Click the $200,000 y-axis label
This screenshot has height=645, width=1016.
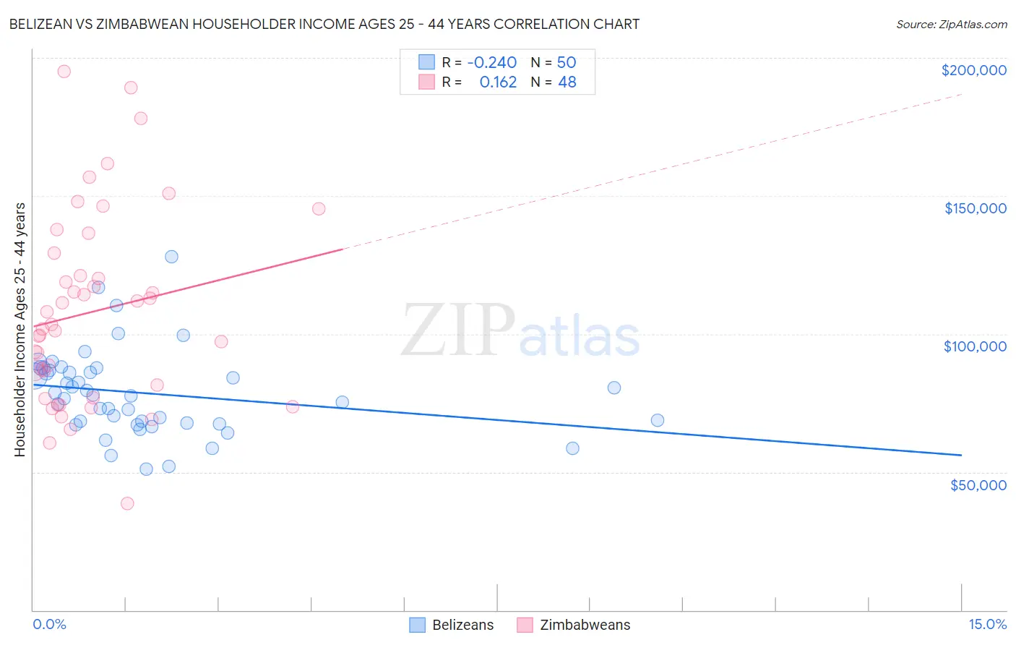(x=973, y=70)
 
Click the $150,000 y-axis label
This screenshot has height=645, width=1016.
(x=975, y=208)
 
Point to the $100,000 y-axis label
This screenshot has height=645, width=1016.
(x=975, y=346)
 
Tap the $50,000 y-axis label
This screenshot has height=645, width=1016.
(x=978, y=484)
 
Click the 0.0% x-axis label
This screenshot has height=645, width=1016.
(x=49, y=624)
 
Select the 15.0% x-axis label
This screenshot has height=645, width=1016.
(x=987, y=624)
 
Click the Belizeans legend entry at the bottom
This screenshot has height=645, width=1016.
(x=452, y=625)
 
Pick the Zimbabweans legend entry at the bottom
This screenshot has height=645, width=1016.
(x=574, y=625)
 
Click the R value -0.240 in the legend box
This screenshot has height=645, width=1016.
(x=491, y=62)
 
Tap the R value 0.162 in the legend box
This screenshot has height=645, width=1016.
(x=498, y=82)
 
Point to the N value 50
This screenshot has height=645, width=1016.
(x=566, y=62)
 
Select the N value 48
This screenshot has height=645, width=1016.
(x=567, y=82)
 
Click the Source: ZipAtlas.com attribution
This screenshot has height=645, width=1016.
(x=951, y=24)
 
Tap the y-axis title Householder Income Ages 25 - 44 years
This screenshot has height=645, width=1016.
(x=20, y=330)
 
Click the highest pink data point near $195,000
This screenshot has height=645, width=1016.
(x=64, y=72)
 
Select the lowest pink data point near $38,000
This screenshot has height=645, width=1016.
(x=127, y=503)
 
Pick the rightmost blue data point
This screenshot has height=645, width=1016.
(x=657, y=420)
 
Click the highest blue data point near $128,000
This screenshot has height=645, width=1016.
(x=171, y=257)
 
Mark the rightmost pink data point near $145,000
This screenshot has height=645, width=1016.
(x=319, y=209)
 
